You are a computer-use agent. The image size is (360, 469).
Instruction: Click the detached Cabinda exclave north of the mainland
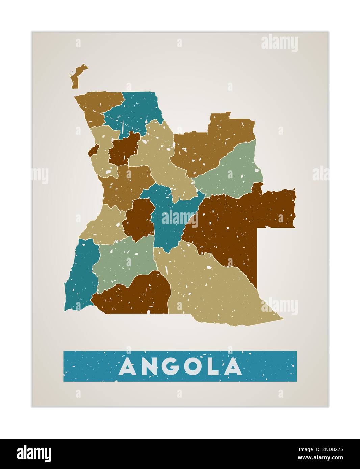click(x=77, y=76)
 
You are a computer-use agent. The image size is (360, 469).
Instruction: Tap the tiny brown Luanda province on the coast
click(x=94, y=150)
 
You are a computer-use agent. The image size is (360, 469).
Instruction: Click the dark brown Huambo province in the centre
click(x=139, y=219)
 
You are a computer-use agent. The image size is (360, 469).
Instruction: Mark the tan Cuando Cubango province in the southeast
click(x=209, y=287)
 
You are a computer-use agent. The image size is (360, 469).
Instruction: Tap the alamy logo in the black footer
click(x=34, y=454)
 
